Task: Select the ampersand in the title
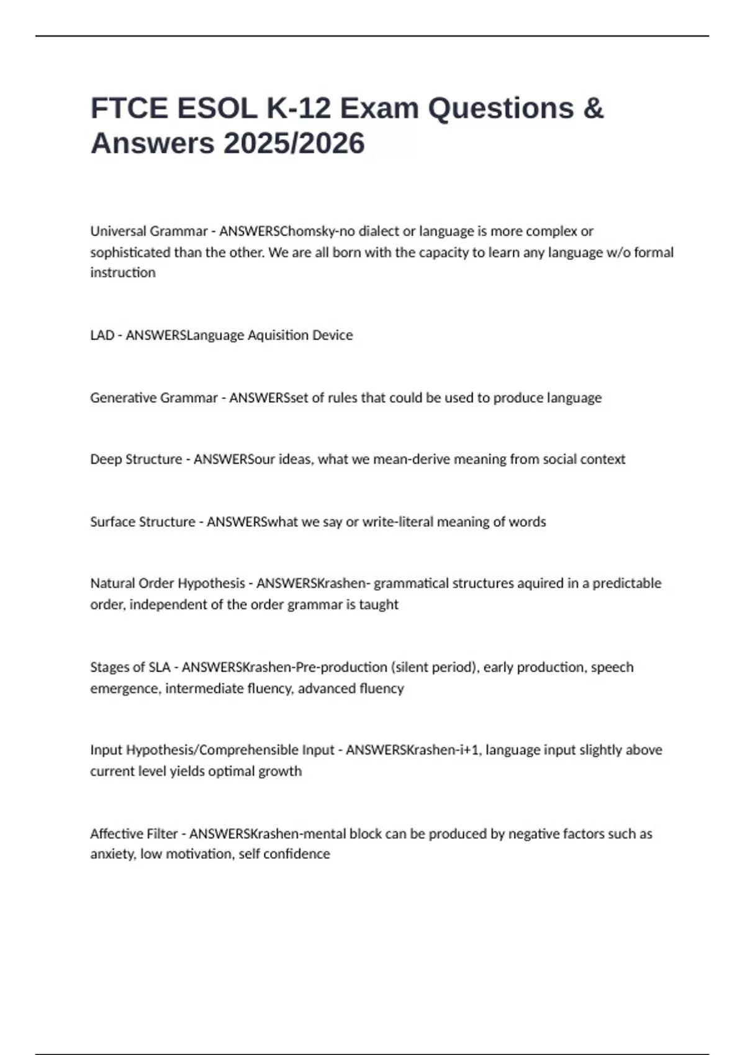click(594, 108)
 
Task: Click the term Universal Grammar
click(148, 231)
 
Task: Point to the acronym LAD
click(102, 335)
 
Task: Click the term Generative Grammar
click(153, 398)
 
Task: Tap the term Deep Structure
click(136, 459)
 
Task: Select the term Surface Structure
click(142, 522)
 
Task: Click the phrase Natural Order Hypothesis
click(168, 583)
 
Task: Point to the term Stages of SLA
click(130, 667)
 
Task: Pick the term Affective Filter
click(133, 833)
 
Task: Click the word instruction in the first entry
click(123, 272)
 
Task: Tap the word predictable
click(626, 583)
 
